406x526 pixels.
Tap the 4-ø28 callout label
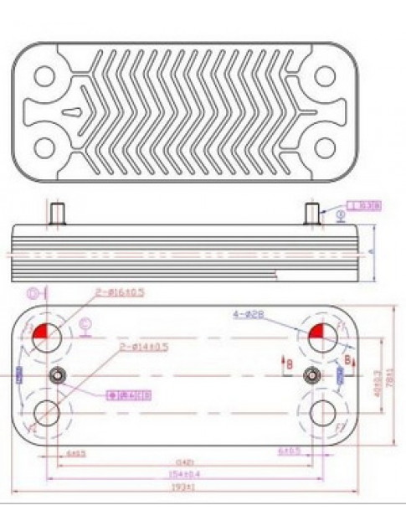(x=248, y=314)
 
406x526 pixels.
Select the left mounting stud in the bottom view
(x=58, y=374)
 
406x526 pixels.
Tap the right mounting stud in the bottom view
(x=312, y=374)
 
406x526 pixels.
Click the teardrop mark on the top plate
(x=73, y=108)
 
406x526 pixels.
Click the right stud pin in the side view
(x=312, y=214)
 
